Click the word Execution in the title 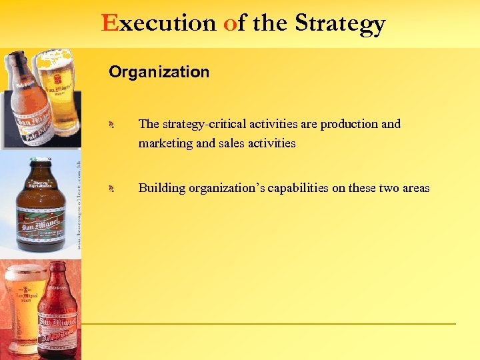[x=159, y=23]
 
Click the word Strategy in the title [x=340, y=24]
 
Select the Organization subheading [x=159, y=72]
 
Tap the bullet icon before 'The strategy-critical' [x=113, y=125]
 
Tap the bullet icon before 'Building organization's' [x=113, y=189]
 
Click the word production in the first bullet [x=345, y=124]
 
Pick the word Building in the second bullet [x=161, y=188]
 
